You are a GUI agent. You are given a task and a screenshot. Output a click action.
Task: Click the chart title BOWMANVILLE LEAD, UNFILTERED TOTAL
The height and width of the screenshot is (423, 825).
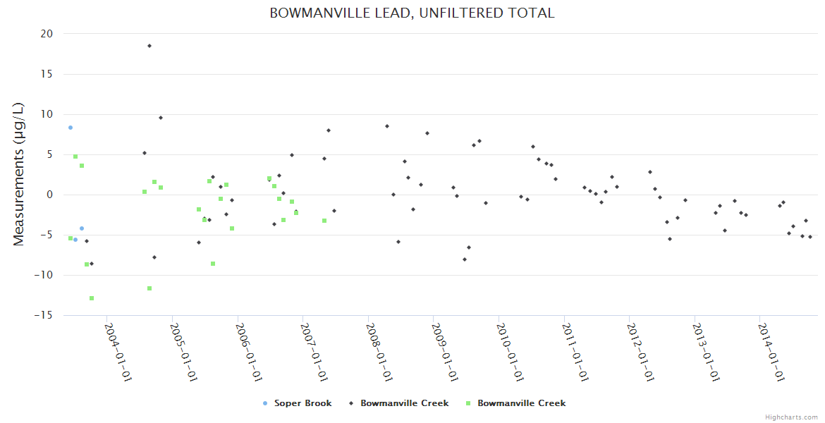point(412,13)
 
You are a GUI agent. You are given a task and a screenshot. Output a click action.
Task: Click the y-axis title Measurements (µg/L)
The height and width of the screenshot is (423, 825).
point(19,174)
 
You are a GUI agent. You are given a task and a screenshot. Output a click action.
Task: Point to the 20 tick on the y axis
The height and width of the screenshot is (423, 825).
point(47,34)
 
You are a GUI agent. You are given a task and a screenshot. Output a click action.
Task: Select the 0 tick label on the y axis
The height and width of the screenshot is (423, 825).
point(49,195)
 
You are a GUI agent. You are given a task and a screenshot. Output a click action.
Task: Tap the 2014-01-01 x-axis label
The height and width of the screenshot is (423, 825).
point(771,352)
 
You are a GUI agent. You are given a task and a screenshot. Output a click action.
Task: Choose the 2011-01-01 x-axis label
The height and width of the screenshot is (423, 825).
point(575,352)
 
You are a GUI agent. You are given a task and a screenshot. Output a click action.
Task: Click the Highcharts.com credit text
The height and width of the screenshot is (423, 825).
point(791,417)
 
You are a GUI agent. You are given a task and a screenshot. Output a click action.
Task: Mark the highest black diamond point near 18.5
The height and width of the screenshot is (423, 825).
point(149,46)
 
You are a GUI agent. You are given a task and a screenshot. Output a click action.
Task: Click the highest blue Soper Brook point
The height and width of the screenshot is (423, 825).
point(71,128)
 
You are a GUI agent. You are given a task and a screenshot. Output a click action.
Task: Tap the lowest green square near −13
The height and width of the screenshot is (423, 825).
point(92,298)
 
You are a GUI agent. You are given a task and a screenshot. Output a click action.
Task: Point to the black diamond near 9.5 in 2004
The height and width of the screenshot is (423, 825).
point(161,118)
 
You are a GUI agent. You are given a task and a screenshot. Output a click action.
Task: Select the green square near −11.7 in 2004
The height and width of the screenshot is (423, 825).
point(149,288)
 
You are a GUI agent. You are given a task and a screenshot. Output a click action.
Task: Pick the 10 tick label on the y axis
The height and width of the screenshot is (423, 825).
point(47,114)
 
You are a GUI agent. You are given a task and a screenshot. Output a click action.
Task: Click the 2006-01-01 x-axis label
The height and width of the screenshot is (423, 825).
point(249,352)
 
